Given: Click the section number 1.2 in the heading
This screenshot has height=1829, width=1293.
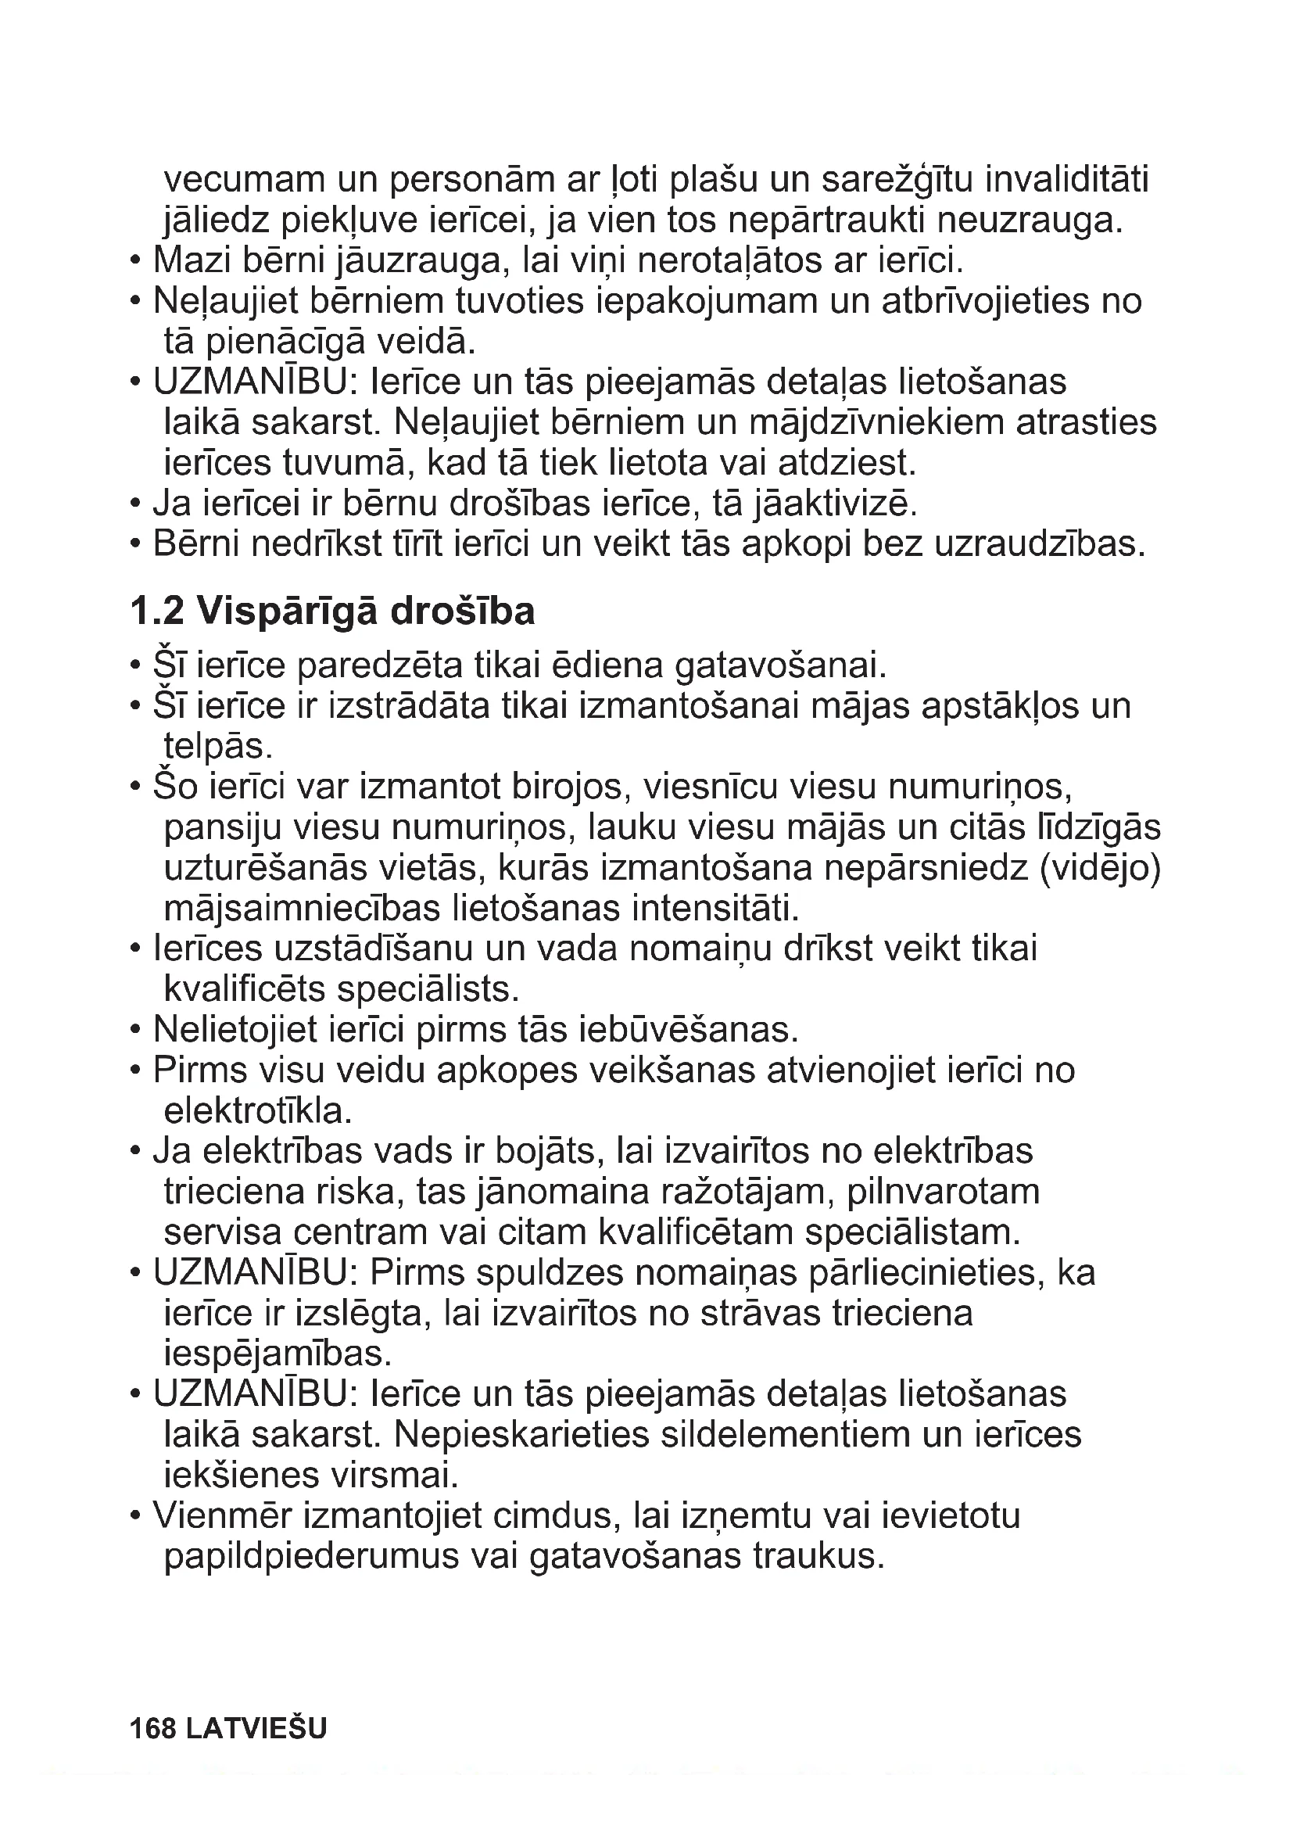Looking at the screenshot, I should pyautogui.click(x=157, y=611).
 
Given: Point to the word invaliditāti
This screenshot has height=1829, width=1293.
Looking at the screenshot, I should pyautogui.click(x=1067, y=180).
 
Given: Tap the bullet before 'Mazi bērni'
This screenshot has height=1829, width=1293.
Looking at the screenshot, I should pyautogui.click(x=136, y=261).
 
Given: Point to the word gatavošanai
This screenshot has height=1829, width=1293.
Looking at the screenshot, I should pyautogui.click(x=781, y=666).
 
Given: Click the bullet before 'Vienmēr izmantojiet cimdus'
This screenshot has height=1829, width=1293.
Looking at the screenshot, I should pyautogui.click(x=136, y=1517).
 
